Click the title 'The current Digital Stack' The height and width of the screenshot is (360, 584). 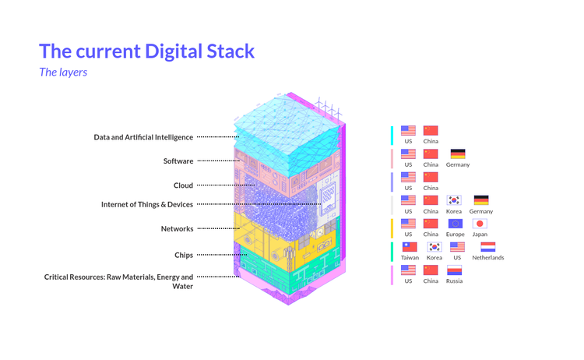[x=146, y=52]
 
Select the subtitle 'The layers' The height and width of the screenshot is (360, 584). [x=63, y=72]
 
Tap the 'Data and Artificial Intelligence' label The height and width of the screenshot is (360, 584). [x=143, y=137]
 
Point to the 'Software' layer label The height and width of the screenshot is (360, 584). [x=178, y=161]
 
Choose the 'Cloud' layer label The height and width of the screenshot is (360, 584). [x=183, y=185]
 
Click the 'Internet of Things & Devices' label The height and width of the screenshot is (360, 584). [x=147, y=205]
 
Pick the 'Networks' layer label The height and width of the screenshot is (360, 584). [x=177, y=229]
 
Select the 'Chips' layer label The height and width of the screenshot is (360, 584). [x=183, y=255]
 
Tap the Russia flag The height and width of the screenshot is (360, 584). [x=454, y=270]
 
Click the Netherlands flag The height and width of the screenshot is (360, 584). [x=488, y=247]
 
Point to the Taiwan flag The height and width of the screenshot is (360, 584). [x=410, y=247]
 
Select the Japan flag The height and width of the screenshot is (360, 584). [x=480, y=224]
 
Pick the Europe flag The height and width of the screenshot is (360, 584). [x=455, y=224]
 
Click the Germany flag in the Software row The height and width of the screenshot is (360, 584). [x=458, y=154]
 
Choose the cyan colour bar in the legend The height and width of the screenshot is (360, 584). [x=392, y=135]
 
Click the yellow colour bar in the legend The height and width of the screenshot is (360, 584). [x=392, y=228]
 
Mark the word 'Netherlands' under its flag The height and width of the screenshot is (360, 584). [x=488, y=258]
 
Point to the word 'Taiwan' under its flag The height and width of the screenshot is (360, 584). [x=410, y=258]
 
